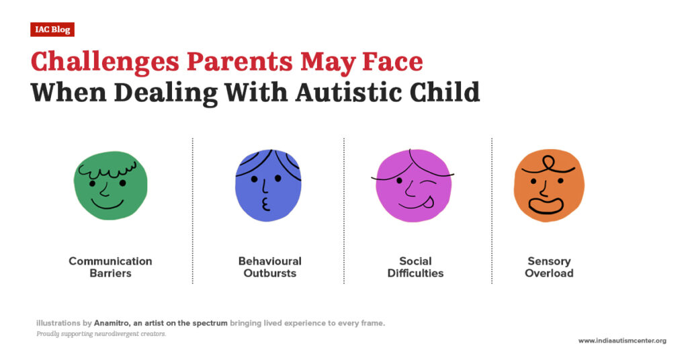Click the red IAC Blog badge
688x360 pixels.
click(x=52, y=30)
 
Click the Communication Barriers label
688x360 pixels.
click(x=110, y=267)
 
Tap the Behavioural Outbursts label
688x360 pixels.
click(x=269, y=267)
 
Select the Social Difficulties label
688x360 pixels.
click(x=415, y=267)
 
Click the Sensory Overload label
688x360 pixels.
click(x=549, y=267)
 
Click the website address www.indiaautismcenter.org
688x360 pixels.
click(x=622, y=341)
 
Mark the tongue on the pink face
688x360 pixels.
click(x=423, y=197)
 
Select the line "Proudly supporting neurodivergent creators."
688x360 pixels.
click(x=101, y=334)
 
